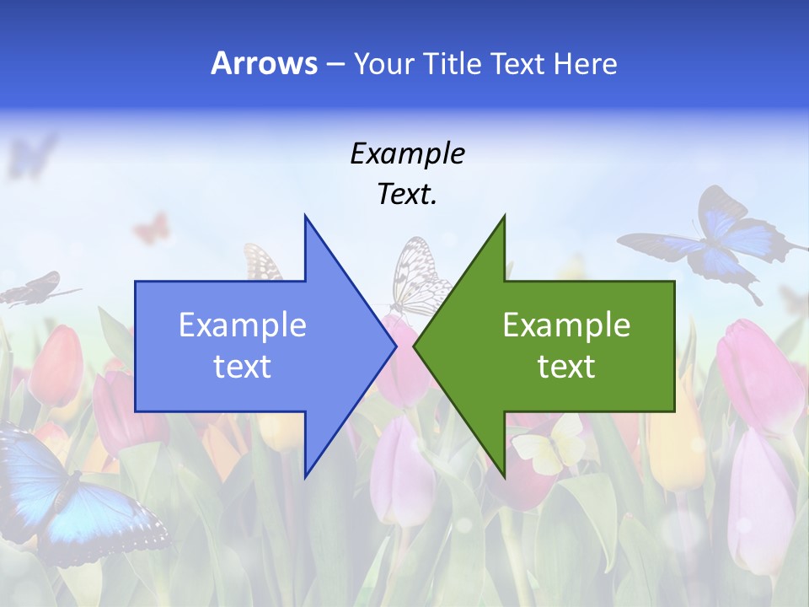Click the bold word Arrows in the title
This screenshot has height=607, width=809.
point(264,63)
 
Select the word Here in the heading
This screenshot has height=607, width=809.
point(585,63)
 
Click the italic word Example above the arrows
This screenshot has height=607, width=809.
point(407,153)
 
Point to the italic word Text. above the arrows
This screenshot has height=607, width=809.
point(407,194)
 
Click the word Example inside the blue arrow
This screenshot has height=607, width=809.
point(243,325)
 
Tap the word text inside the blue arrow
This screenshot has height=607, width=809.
point(243,367)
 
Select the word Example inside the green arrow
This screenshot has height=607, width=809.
point(566,325)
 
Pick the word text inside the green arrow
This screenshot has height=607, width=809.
point(566,367)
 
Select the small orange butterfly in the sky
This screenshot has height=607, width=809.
point(152,228)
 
